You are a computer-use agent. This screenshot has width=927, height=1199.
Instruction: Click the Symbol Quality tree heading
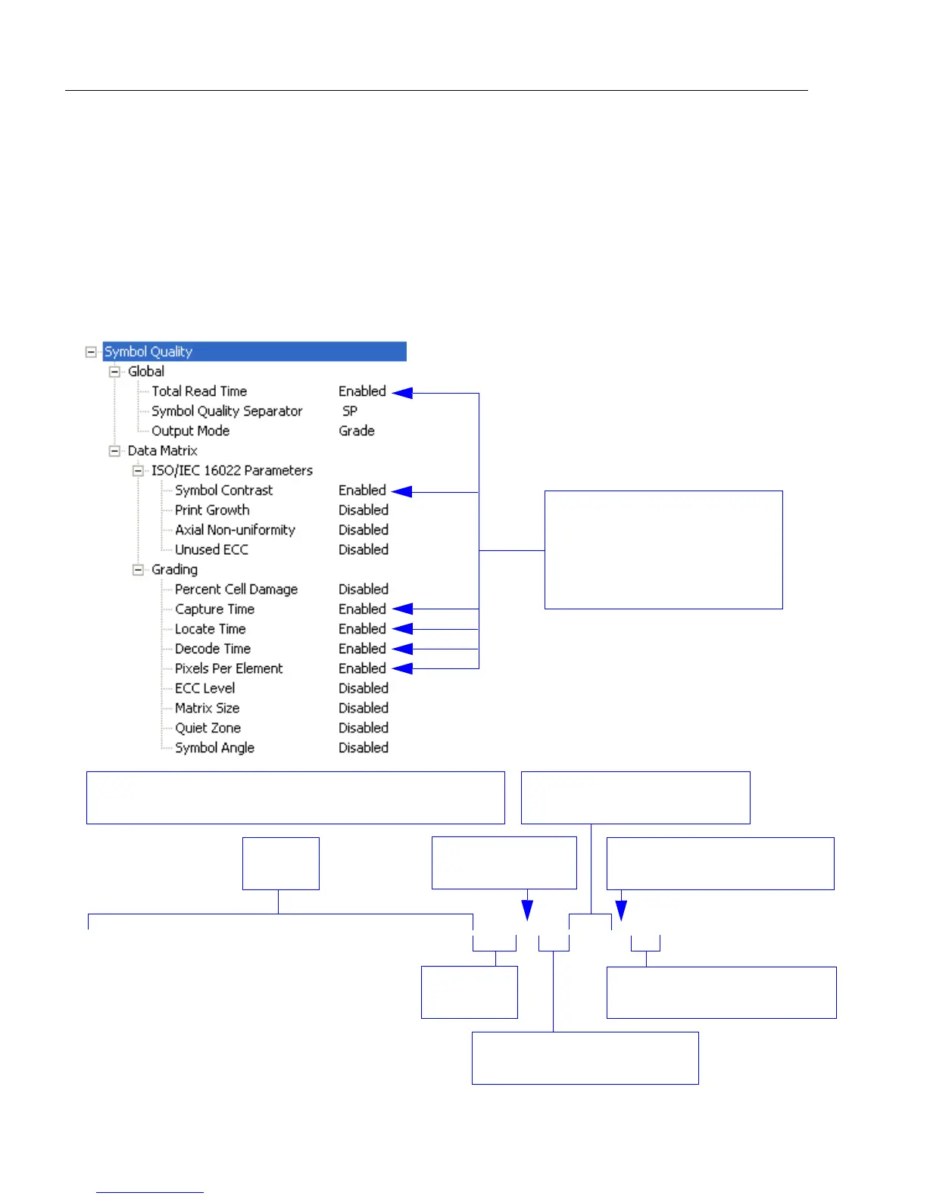click(x=148, y=351)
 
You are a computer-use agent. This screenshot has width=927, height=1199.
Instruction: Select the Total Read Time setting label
click(x=199, y=391)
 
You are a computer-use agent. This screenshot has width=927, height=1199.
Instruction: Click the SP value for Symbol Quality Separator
click(x=350, y=411)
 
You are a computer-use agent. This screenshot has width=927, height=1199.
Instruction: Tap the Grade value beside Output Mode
click(x=357, y=431)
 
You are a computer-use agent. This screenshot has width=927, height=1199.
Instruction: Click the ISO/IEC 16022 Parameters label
click(x=232, y=470)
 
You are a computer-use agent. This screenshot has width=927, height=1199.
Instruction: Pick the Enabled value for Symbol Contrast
click(x=362, y=490)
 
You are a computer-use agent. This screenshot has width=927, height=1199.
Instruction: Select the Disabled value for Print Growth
click(x=364, y=510)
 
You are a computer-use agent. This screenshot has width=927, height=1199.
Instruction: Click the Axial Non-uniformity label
click(x=235, y=530)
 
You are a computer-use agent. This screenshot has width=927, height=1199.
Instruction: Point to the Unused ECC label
click(x=211, y=550)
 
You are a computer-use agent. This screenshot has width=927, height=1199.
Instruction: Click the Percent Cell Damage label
click(x=236, y=589)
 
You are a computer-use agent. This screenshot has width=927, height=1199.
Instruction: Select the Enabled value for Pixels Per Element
click(x=362, y=668)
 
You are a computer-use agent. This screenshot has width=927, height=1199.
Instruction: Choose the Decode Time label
click(x=213, y=649)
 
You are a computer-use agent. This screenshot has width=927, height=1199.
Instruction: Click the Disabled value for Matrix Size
click(x=364, y=708)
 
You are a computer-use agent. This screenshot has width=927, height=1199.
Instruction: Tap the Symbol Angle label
click(x=214, y=748)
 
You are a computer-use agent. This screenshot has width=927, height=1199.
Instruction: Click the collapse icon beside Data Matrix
click(x=114, y=450)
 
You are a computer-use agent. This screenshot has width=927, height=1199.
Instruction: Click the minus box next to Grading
click(x=138, y=569)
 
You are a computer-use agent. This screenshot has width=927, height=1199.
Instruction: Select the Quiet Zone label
click(x=208, y=728)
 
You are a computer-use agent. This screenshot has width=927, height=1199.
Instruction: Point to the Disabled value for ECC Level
click(x=364, y=688)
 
